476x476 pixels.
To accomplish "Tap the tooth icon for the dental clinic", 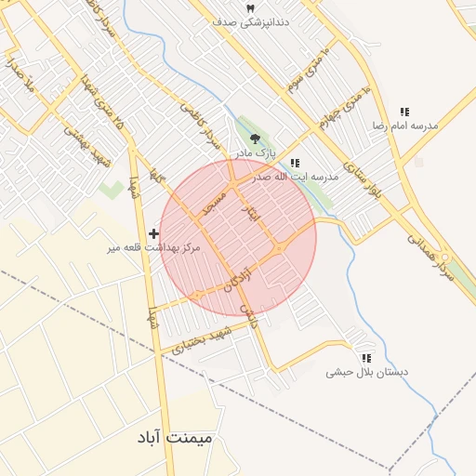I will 248,7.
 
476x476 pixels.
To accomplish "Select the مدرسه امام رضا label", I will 405,125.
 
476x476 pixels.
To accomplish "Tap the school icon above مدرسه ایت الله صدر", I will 295,163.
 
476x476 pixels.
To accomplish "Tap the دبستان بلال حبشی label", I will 367,372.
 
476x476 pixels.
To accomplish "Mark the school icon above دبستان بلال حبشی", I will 366,358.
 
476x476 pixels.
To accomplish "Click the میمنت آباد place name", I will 187,436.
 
